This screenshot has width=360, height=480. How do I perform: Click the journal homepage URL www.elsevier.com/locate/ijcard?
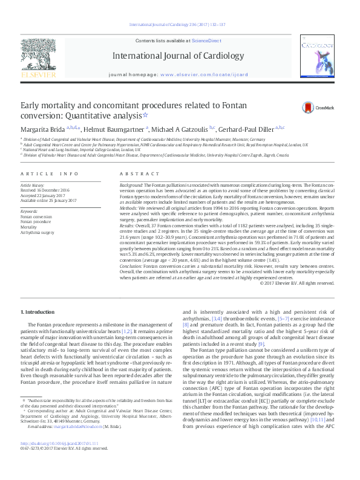coord(203,76)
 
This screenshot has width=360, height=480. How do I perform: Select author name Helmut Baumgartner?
coord(115,129)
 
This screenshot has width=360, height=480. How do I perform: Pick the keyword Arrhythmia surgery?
coord(37,232)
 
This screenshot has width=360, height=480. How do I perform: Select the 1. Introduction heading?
coord(38,294)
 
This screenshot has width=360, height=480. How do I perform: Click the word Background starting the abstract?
coord(131,183)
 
